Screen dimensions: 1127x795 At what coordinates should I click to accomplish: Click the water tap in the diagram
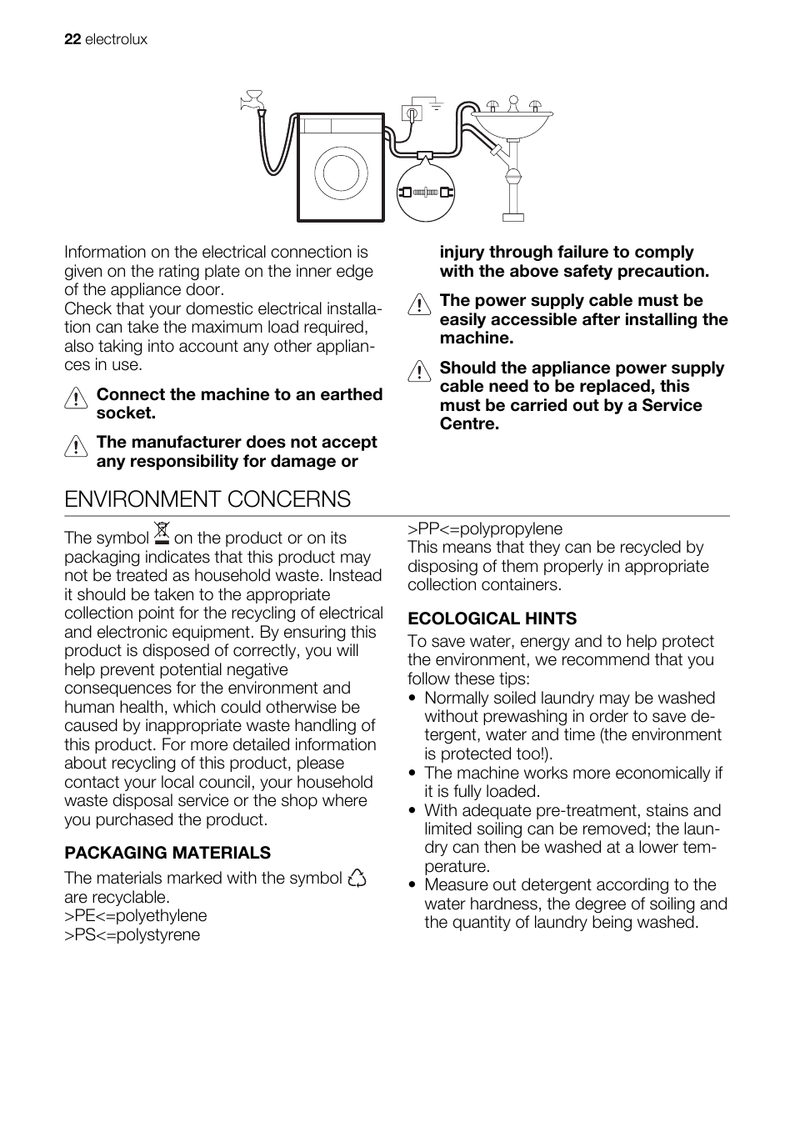tap(251, 102)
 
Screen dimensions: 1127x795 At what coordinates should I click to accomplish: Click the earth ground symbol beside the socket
tap(432, 105)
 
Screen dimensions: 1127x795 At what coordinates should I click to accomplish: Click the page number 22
tap(72, 39)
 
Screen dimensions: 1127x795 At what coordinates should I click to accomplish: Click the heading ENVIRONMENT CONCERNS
tap(207, 498)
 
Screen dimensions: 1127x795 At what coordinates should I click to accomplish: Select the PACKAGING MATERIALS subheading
tap(167, 853)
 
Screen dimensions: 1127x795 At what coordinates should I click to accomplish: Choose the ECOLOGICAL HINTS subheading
tap(492, 619)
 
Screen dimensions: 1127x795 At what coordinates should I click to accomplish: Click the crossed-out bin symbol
tap(162, 533)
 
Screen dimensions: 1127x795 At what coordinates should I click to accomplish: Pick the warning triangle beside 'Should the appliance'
tap(419, 372)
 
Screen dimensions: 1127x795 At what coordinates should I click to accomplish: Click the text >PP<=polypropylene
tap(485, 528)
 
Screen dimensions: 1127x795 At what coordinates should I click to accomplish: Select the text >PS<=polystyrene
tap(132, 934)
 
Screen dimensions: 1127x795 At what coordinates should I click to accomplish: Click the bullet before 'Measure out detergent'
tap(413, 885)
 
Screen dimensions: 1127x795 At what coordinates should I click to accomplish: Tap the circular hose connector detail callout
tap(426, 192)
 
